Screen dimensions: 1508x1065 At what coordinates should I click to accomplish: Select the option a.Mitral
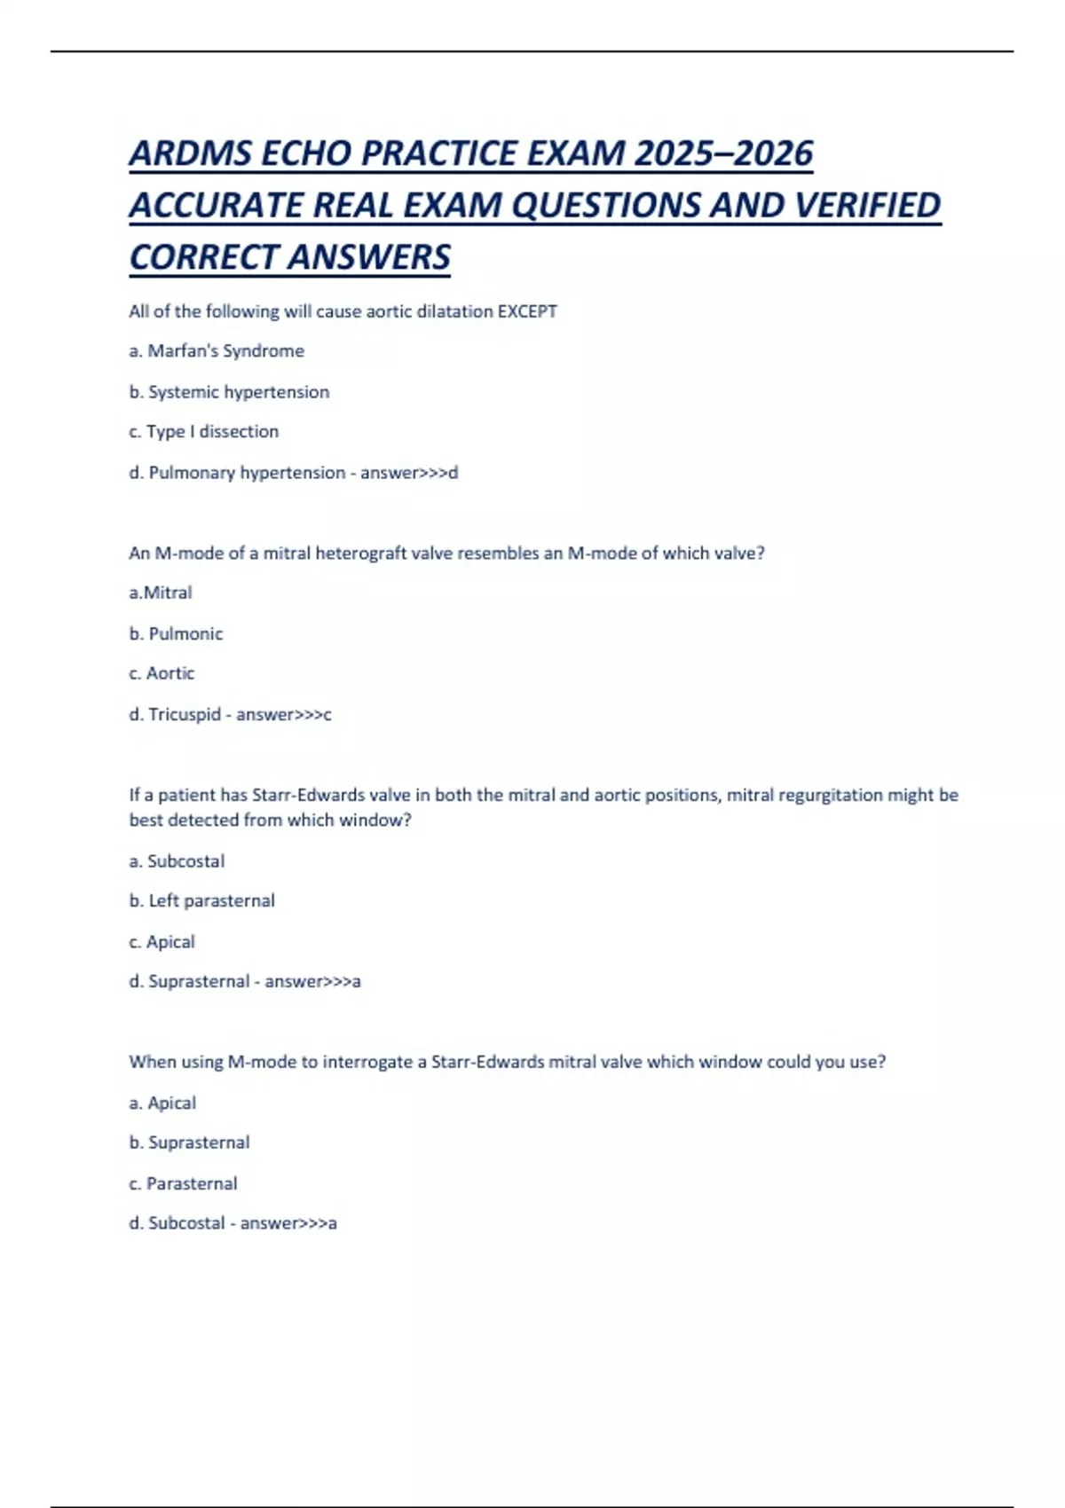coord(161,593)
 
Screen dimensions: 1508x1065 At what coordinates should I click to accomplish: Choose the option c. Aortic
coord(162,673)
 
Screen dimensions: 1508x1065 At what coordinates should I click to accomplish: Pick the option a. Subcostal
coord(177,861)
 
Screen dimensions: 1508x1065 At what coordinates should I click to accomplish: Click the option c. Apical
coord(162,942)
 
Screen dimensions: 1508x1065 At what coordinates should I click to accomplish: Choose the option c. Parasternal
coord(183,1183)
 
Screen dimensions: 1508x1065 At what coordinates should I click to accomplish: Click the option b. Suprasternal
coord(189,1143)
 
